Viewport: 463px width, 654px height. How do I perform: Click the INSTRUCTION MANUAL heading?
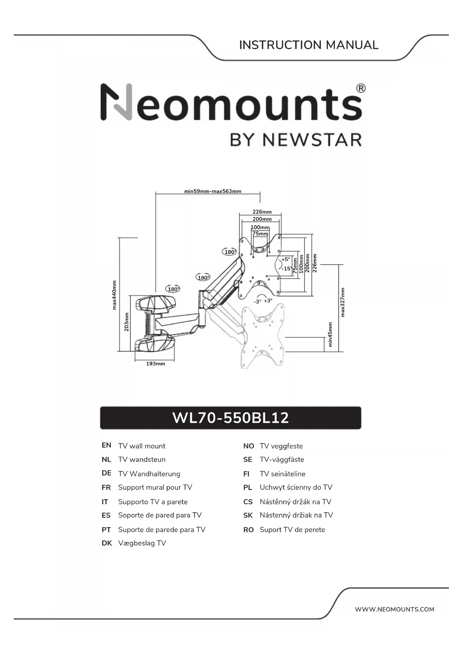309,45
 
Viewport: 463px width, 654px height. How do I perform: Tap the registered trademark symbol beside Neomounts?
360,88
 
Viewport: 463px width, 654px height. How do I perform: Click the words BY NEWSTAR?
296,140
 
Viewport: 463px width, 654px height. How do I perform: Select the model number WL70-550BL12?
231,418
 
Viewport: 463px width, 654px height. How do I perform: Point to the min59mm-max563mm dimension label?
213,191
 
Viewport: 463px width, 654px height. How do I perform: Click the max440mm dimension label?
115,295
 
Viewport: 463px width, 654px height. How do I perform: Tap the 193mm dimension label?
156,364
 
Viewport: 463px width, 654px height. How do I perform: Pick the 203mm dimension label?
126,322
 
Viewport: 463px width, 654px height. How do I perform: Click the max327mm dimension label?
343,302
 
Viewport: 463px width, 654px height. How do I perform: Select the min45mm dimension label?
330,334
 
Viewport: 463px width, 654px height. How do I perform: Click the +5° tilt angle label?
286,259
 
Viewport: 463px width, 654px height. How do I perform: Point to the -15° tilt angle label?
287,268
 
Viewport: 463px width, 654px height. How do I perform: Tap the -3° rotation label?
257,302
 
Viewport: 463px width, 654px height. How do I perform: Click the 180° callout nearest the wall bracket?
173,289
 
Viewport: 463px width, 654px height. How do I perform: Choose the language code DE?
106,473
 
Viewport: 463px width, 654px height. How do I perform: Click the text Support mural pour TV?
155,487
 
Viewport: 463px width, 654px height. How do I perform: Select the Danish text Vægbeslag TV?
142,543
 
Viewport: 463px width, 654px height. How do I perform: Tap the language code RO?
248,529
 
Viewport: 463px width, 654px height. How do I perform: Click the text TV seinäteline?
282,474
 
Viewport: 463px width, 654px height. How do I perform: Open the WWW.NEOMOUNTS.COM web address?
394,609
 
